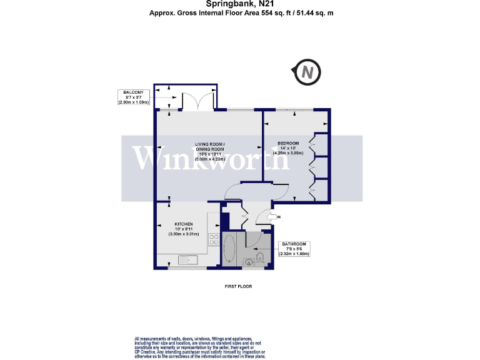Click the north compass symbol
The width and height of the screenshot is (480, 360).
[307, 72]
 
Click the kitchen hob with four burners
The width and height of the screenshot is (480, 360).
[213, 241]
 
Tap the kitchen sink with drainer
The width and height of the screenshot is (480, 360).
[187, 259]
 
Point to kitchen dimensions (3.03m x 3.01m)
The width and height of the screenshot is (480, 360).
[183, 234]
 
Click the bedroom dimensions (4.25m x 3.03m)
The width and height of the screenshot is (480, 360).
[289, 153]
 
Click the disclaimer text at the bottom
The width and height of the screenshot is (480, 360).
[200, 347]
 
